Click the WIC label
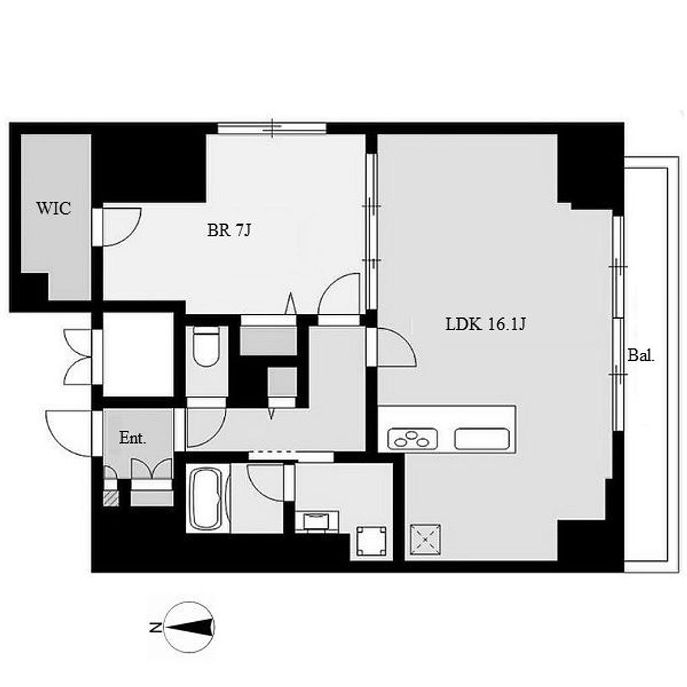point(54,208)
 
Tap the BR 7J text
point(229,230)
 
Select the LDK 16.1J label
point(486,324)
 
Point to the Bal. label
point(641,355)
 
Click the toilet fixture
point(207,346)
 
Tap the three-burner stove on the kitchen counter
point(413,439)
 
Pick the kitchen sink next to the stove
point(482,439)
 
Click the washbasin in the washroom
point(317,521)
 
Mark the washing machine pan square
point(371,541)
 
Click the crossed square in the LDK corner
point(425,539)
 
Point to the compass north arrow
point(189,627)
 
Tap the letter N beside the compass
point(155,628)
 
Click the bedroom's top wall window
point(272,128)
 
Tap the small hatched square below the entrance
point(111,498)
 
